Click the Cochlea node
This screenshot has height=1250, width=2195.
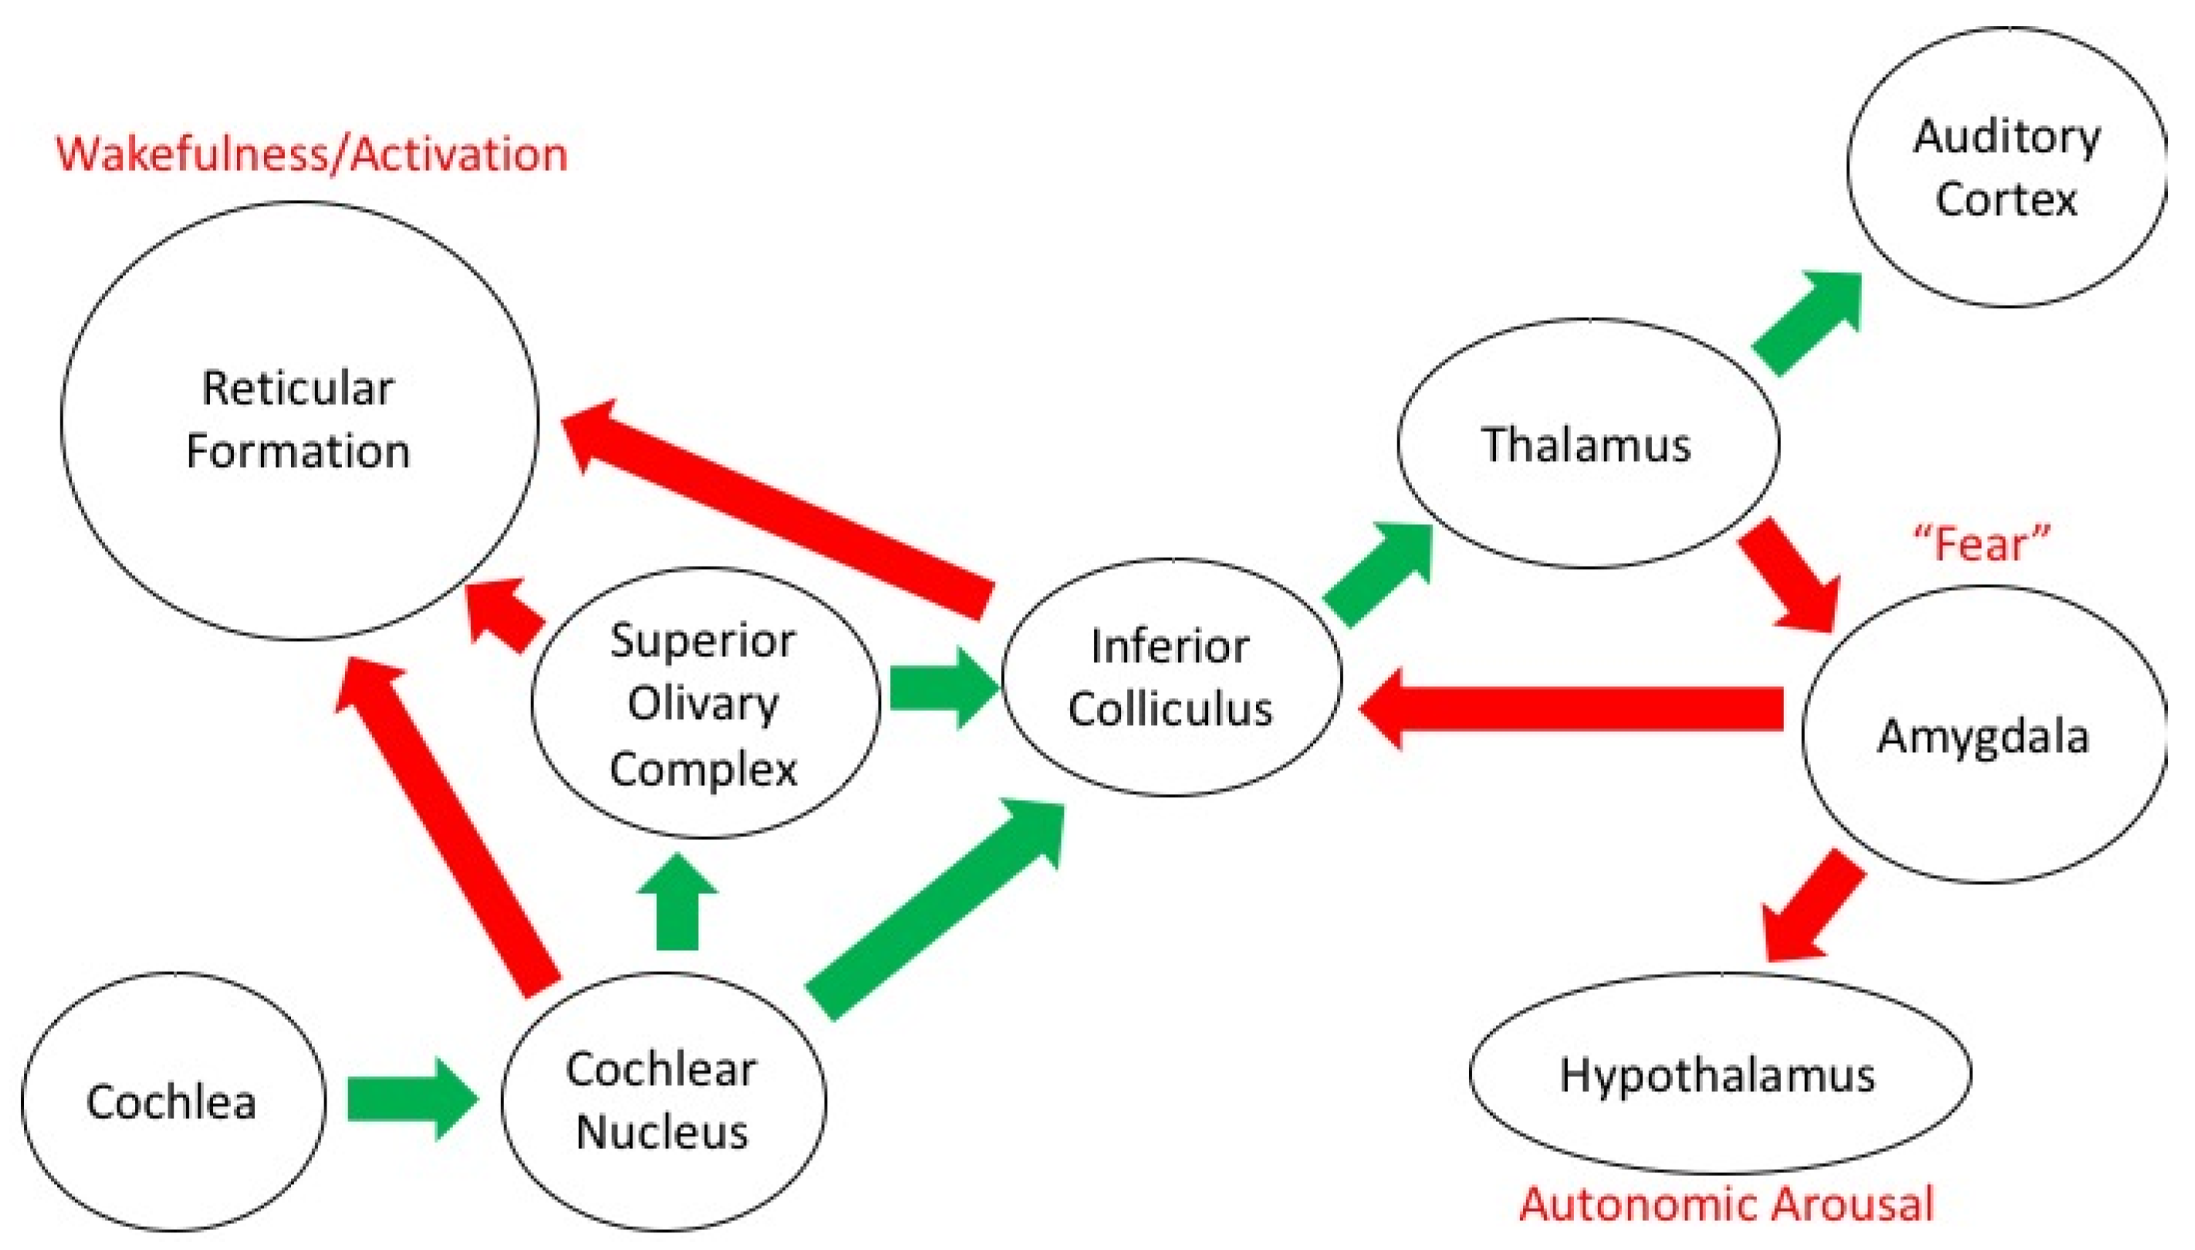tap(173, 1101)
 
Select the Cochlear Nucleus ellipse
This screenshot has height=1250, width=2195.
tap(663, 1101)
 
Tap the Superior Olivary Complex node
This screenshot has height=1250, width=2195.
tap(705, 703)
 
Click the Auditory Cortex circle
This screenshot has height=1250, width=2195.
tap(2006, 168)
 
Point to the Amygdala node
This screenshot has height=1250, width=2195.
tap(1983, 735)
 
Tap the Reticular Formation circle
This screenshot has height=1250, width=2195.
tap(299, 421)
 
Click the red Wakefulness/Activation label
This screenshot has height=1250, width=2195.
tap(311, 155)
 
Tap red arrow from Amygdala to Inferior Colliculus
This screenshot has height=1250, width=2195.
tap(1571, 709)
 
